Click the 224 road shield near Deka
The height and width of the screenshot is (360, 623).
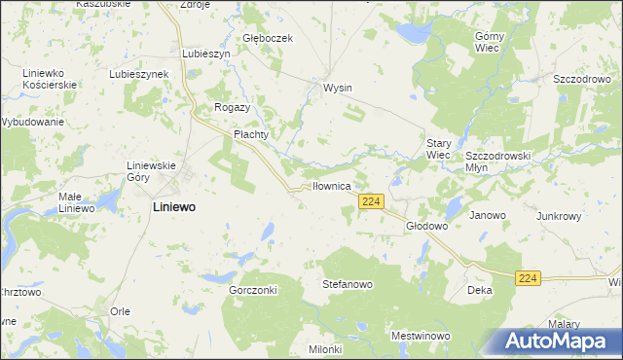point(528,278)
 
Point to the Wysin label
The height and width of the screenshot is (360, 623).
point(337,88)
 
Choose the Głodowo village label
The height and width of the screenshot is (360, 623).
point(425,225)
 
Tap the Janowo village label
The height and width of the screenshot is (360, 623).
point(488,215)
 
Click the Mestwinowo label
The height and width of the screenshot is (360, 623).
point(420,336)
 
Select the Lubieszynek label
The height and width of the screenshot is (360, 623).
point(139,74)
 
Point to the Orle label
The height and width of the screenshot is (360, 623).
point(120,310)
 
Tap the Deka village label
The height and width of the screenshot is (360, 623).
point(479,290)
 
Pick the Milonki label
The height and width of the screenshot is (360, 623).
point(325,349)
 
